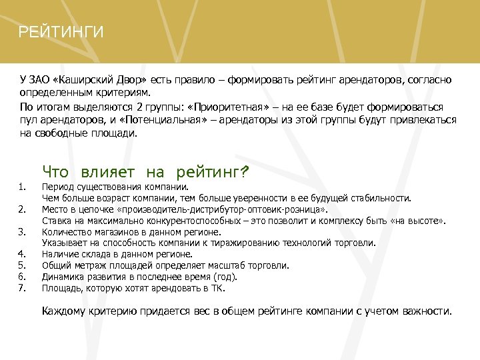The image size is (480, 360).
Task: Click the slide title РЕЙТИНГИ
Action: point(61,32)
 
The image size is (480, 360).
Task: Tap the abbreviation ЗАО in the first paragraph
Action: point(38,80)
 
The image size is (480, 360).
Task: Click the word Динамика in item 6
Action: point(62,277)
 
